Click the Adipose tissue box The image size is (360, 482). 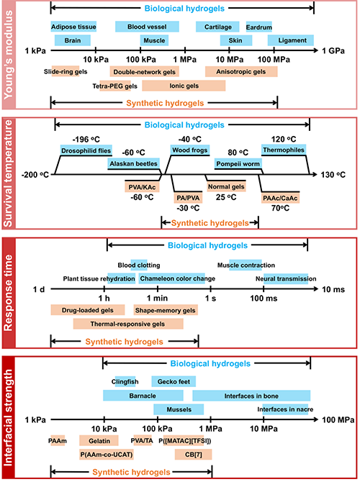point(73,27)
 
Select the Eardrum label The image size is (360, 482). point(259,27)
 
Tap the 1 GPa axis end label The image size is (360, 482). point(333,51)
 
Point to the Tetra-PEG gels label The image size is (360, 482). point(114,86)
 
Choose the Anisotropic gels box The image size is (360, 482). point(241,72)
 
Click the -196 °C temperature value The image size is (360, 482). point(86,140)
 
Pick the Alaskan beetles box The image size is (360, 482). point(133,163)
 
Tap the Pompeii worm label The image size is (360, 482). point(238,164)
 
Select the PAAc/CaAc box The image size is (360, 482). point(280,198)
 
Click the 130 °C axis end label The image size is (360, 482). point(333,175)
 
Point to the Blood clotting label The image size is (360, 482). point(139,265)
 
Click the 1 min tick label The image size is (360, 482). point(157,298)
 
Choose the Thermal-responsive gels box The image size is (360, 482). point(128,324)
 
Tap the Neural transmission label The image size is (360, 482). point(286,278)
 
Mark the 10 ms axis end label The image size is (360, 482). point(333,289)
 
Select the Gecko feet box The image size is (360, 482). point(174,381)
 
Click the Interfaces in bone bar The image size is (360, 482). point(251,396)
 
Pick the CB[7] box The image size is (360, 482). point(193,455)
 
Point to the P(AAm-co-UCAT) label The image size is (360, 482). point(107,455)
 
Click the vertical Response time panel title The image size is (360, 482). point(9,293)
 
